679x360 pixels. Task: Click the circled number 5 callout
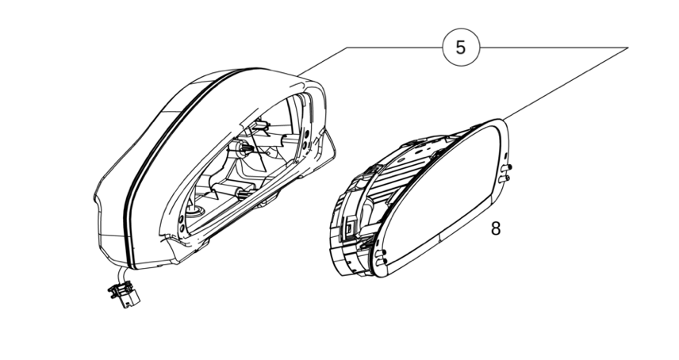[461, 47]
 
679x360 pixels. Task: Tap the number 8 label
[496, 228]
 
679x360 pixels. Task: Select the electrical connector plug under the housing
[125, 294]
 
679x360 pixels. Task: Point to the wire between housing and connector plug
[121, 274]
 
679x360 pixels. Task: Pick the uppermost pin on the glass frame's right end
[507, 167]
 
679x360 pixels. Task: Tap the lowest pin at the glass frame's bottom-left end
[381, 262]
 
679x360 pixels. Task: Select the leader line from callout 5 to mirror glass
[563, 83]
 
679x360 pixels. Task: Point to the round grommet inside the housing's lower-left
[194, 211]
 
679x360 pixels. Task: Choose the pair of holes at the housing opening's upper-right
[306, 140]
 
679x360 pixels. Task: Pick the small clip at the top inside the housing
[261, 125]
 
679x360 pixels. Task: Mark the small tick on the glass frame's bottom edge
[439, 238]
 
